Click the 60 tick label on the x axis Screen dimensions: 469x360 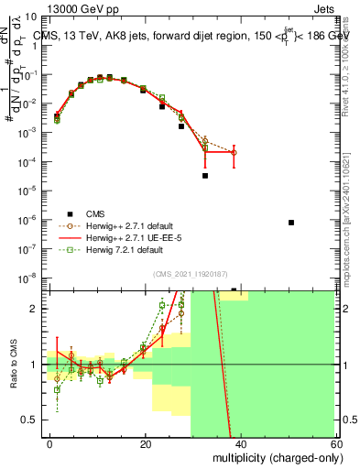point(334,443)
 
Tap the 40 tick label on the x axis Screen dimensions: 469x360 point(240,443)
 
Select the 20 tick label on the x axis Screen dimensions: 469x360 point(145,443)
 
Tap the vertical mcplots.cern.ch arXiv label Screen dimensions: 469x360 point(353,211)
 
